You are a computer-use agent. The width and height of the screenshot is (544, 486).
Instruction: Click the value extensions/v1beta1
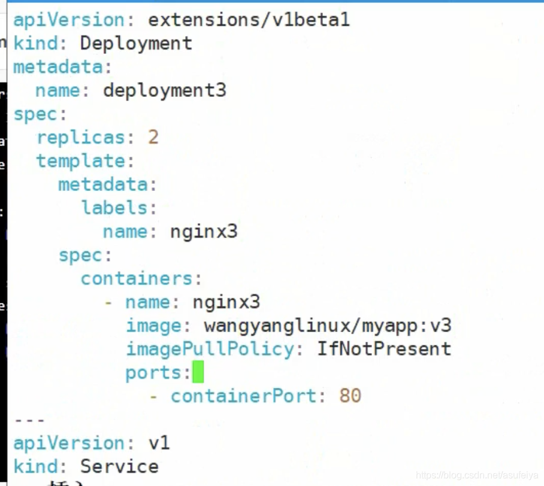249,20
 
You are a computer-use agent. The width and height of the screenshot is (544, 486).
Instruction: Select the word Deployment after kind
136,43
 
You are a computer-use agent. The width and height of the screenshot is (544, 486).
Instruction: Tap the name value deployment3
165,90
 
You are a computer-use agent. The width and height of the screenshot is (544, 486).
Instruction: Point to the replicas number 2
153,138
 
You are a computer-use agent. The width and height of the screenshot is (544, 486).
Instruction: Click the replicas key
80,138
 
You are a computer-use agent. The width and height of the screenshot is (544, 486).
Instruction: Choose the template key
80,161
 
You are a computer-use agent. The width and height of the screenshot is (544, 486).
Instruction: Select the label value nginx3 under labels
204,232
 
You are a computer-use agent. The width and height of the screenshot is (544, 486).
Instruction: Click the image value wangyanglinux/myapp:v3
327,326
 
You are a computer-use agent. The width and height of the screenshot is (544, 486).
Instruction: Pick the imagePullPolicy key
210,349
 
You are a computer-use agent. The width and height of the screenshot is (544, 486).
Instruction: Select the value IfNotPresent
384,349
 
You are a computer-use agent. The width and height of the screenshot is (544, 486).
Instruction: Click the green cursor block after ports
198,373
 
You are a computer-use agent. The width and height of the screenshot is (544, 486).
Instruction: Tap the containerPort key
243,396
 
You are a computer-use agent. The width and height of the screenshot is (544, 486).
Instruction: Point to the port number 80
350,396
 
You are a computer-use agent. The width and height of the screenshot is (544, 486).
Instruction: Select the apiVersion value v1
159,444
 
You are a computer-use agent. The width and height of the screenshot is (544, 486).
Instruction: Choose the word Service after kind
119,467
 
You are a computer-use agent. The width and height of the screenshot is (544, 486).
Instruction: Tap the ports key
158,373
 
